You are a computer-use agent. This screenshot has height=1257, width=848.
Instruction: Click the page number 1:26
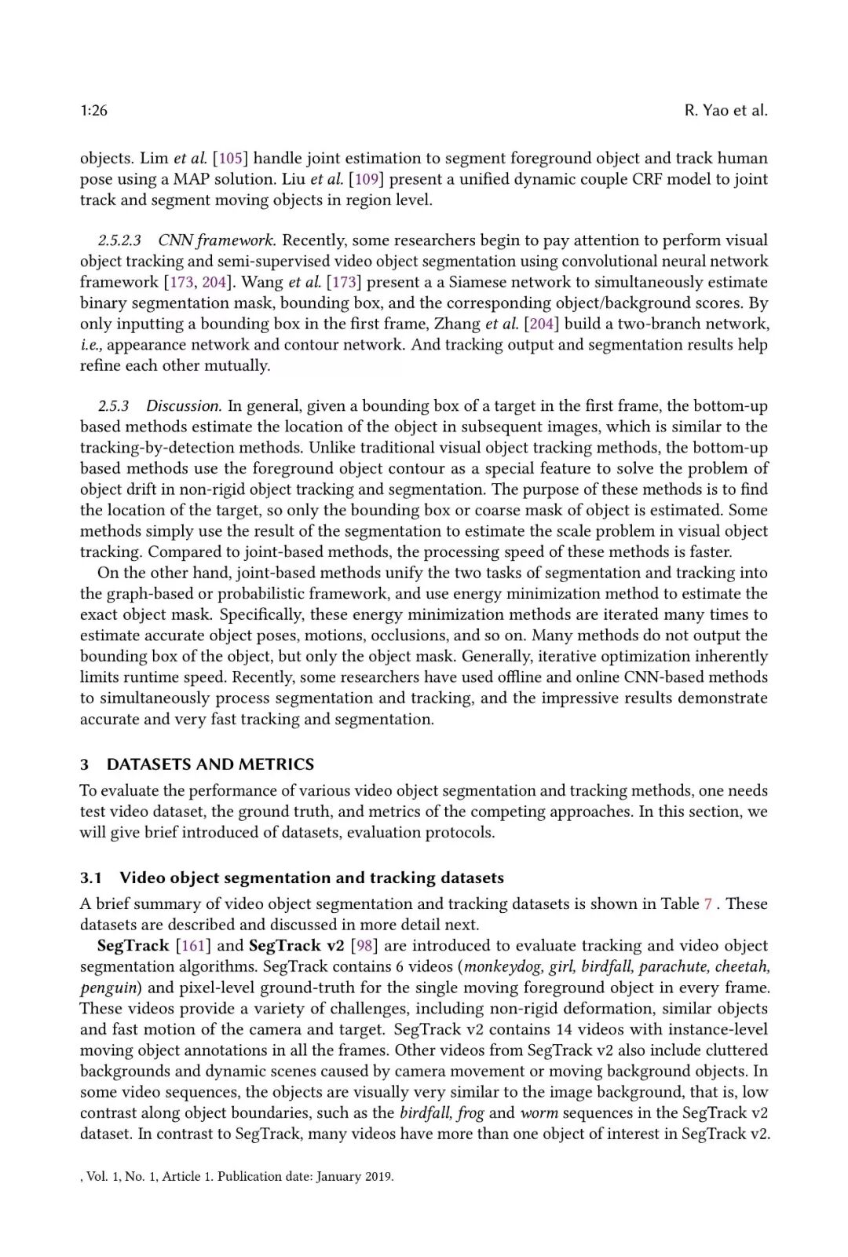(x=93, y=111)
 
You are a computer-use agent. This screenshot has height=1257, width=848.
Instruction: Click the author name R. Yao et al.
(x=726, y=111)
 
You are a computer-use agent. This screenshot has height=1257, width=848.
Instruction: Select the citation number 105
(x=230, y=158)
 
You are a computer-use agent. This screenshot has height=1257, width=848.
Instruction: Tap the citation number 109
(x=366, y=179)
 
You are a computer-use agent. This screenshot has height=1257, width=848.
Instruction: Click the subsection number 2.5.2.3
(x=119, y=240)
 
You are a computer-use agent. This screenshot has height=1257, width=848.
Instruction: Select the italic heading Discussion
(x=184, y=406)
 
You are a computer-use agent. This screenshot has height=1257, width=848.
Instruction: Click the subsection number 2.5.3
(x=113, y=406)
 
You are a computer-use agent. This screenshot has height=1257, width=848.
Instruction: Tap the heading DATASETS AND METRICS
(x=210, y=764)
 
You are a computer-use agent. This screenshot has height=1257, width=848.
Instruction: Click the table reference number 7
(x=707, y=903)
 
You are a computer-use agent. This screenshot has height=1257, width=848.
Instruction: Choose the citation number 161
(x=193, y=945)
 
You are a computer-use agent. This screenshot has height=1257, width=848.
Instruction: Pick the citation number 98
(x=364, y=945)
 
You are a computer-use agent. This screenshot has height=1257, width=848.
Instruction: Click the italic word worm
(x=539, y=1112)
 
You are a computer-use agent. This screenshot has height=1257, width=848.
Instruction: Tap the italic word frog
(x=470, y=1112)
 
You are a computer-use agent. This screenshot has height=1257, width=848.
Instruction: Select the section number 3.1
(x=91, y=878)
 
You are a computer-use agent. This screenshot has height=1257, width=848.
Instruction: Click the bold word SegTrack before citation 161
(x=133, y=945)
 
